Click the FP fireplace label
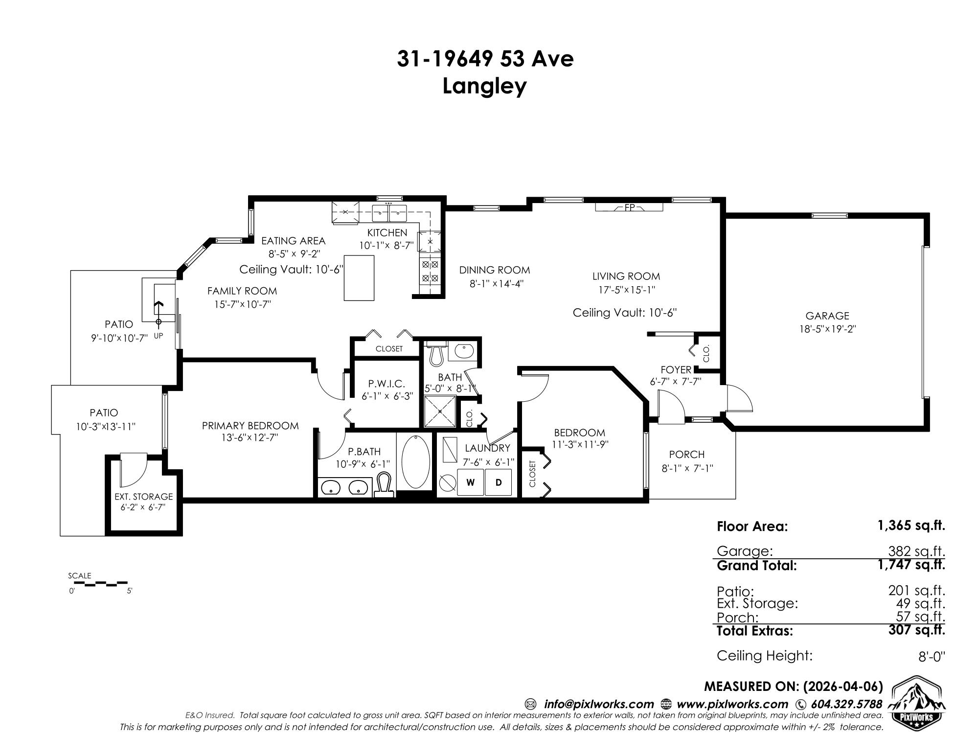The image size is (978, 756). pos(629,207)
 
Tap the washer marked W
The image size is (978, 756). pos(471,482)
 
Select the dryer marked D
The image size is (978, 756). pos(499,482)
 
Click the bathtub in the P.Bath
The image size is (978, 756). pos(415,461)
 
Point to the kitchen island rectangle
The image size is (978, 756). pos(359,277)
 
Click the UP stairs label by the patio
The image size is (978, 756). pos(158,336)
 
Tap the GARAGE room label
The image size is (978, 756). pos(827,316)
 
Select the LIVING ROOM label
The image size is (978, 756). pos(626,276)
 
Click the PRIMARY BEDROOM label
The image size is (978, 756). pos(250,426)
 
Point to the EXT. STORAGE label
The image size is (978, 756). pos(144,497)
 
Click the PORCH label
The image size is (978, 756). pos(687,455)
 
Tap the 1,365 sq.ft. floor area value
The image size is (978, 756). pos(911,526)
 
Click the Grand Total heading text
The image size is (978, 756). pos(757,566)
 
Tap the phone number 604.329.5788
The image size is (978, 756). pos(846,704)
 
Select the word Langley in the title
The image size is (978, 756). pos(485,87)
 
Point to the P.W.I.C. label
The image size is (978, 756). pos(387,384)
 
